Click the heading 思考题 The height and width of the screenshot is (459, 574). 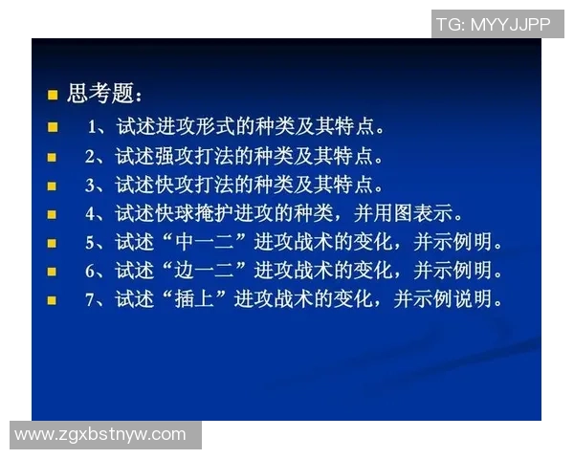103,95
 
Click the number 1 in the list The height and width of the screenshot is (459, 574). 92,126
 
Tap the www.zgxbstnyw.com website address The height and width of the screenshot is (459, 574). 100,435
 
